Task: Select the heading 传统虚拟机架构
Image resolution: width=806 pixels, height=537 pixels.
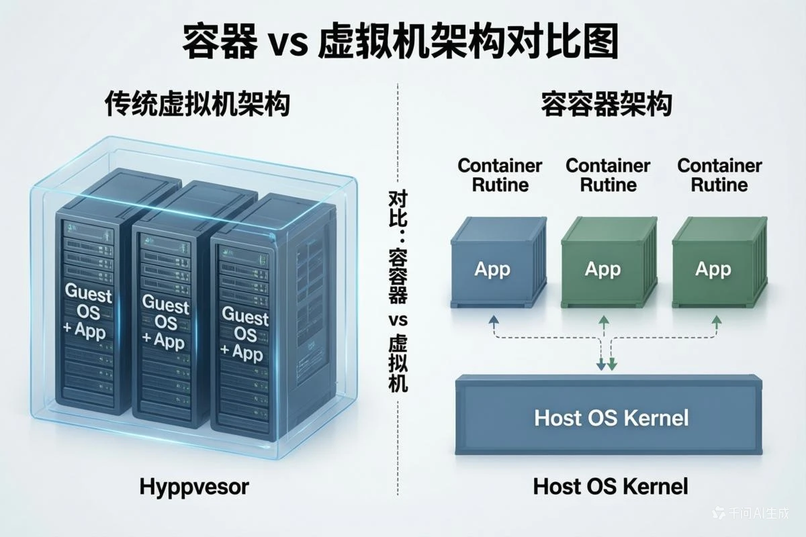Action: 197,106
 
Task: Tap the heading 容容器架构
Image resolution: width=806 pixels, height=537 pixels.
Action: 607,106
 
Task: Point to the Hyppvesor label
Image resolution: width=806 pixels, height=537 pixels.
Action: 194,487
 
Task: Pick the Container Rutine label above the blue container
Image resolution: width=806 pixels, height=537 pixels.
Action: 500,175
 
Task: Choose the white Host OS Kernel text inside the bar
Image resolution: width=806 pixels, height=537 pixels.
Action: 611,418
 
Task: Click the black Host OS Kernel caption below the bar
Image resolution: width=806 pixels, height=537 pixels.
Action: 611,487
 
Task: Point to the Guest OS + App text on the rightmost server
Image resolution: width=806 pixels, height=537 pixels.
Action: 245,334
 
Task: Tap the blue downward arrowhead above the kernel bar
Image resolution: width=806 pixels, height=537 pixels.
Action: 600,366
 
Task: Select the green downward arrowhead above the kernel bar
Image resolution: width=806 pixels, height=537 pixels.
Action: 613,366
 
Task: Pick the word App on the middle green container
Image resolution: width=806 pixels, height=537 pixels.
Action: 602,269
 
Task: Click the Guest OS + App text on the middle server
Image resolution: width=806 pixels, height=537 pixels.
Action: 165,322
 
